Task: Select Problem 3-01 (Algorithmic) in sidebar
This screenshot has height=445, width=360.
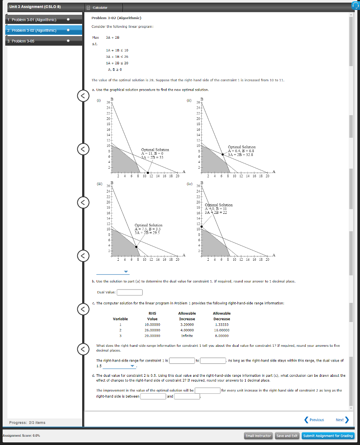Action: [33, 20]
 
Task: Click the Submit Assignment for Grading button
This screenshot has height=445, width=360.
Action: [328, 436]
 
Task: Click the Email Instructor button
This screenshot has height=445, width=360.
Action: [258, 436]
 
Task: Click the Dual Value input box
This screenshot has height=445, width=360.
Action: [130, 292]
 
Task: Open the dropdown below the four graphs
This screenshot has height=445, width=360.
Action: [113, 272]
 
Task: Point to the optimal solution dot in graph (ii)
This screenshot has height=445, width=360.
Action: [223, 154]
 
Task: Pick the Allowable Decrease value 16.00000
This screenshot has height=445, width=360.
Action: [221, 330]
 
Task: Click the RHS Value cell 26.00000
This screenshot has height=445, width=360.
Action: [152, 330]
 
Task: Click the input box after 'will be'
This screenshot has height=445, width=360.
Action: [207, 390]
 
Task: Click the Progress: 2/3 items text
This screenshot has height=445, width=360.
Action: [27, 422]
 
